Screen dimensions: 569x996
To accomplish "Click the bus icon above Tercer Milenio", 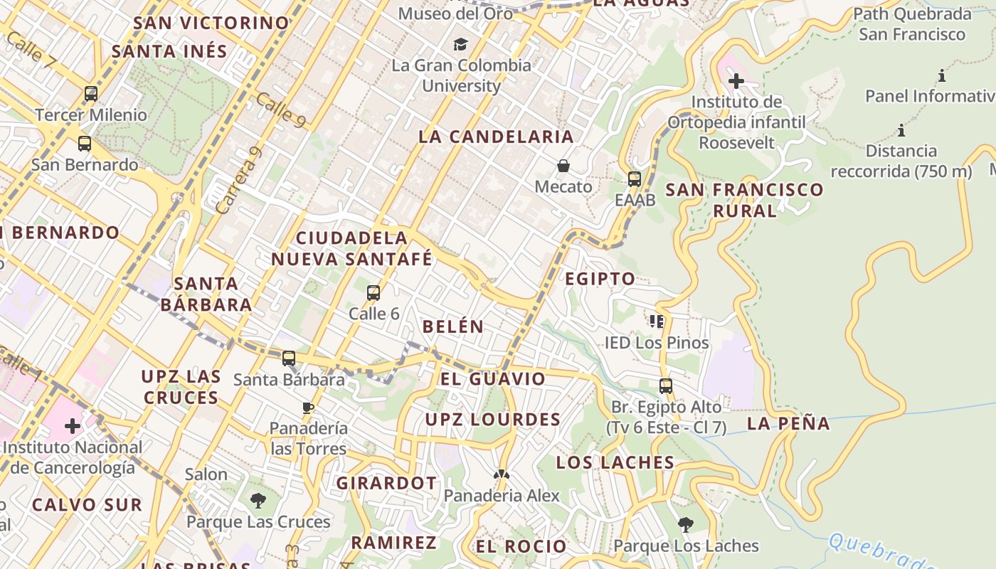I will pyautogui.click(x=90, y=93).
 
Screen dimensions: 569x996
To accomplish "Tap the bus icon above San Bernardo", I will pyautogui.click(x=84, y=144).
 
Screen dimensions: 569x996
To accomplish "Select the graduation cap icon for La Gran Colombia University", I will pyautogui.click(x=461, y=44).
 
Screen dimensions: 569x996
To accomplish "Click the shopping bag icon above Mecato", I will pyautogui.click(x=563, y=166).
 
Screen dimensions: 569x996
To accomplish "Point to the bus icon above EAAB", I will pyautogui.click(x=635, y=179).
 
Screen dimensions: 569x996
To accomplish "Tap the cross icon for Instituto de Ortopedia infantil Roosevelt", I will pyautogui.click(x=736, y=81).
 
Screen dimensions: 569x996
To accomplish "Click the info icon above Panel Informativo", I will pyautogui.click(x=942, y=75).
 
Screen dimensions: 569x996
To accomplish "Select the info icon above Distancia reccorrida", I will pyautogui.click(x=901, y=130).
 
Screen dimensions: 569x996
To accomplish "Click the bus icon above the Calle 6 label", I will pyautogui.click(x=373, y=292).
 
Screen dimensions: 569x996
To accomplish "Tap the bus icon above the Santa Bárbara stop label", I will pyautogui.click(x=288, y=358).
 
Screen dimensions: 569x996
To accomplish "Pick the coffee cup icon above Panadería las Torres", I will pyautogui.click(x=308, y=408).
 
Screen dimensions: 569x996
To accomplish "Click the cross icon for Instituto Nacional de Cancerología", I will pyautogui.click(x=73, y=426).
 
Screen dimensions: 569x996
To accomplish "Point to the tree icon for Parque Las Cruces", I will pyautogui.click(x=258, y=501).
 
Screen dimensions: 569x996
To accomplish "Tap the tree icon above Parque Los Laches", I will pyautogui.click(x=686, y=525).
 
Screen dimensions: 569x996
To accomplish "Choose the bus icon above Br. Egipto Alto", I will pyautogui.click(x=665, y=386).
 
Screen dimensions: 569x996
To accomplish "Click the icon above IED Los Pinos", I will pyautogui.click(x=656, y=321).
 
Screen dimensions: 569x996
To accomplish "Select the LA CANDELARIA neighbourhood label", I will pyautogui.click(x=496, y=137).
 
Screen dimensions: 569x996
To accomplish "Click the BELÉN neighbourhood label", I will pyautogui.click(x=453, y=326).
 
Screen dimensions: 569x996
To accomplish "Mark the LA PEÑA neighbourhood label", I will pyautogui.click(x=788, y=424).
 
